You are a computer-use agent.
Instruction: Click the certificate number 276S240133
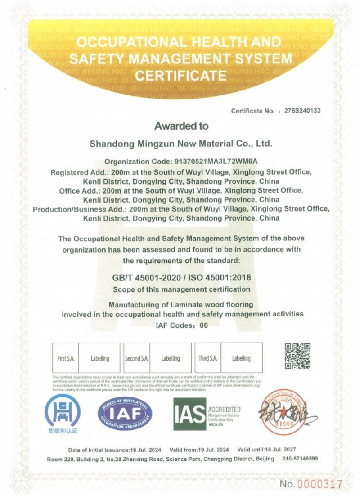[x=302, y=111]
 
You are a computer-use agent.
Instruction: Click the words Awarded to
[x=181, y=126]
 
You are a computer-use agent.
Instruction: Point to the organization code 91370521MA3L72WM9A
[x=215, y=162]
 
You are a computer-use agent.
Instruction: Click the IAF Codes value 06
[x=203, y=325]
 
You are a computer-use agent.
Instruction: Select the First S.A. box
[x=66, y=358]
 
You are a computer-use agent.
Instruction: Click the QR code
[x=297, y=356]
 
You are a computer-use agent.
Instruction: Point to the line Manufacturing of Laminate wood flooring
[x=181, y=305]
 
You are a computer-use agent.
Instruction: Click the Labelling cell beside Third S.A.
[x=241, y=358]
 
